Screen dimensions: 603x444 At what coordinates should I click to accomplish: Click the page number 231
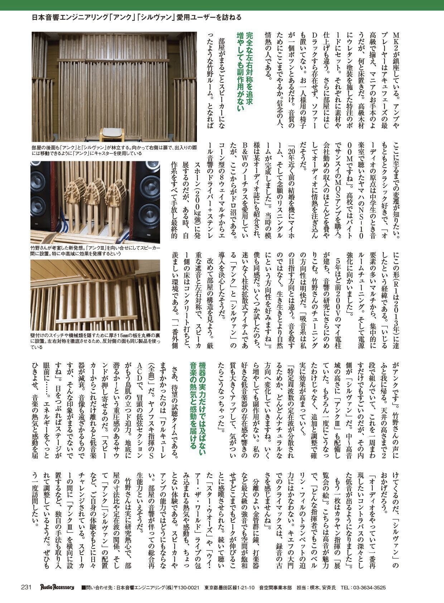coord(27,587)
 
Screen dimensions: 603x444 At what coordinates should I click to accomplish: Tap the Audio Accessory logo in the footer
coord(57,587)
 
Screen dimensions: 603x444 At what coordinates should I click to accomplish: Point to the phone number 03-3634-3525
coord(363,588)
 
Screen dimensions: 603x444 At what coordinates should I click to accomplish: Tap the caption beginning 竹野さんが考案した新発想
coord(95,250)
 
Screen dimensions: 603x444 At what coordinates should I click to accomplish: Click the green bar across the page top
coord(222,5)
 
